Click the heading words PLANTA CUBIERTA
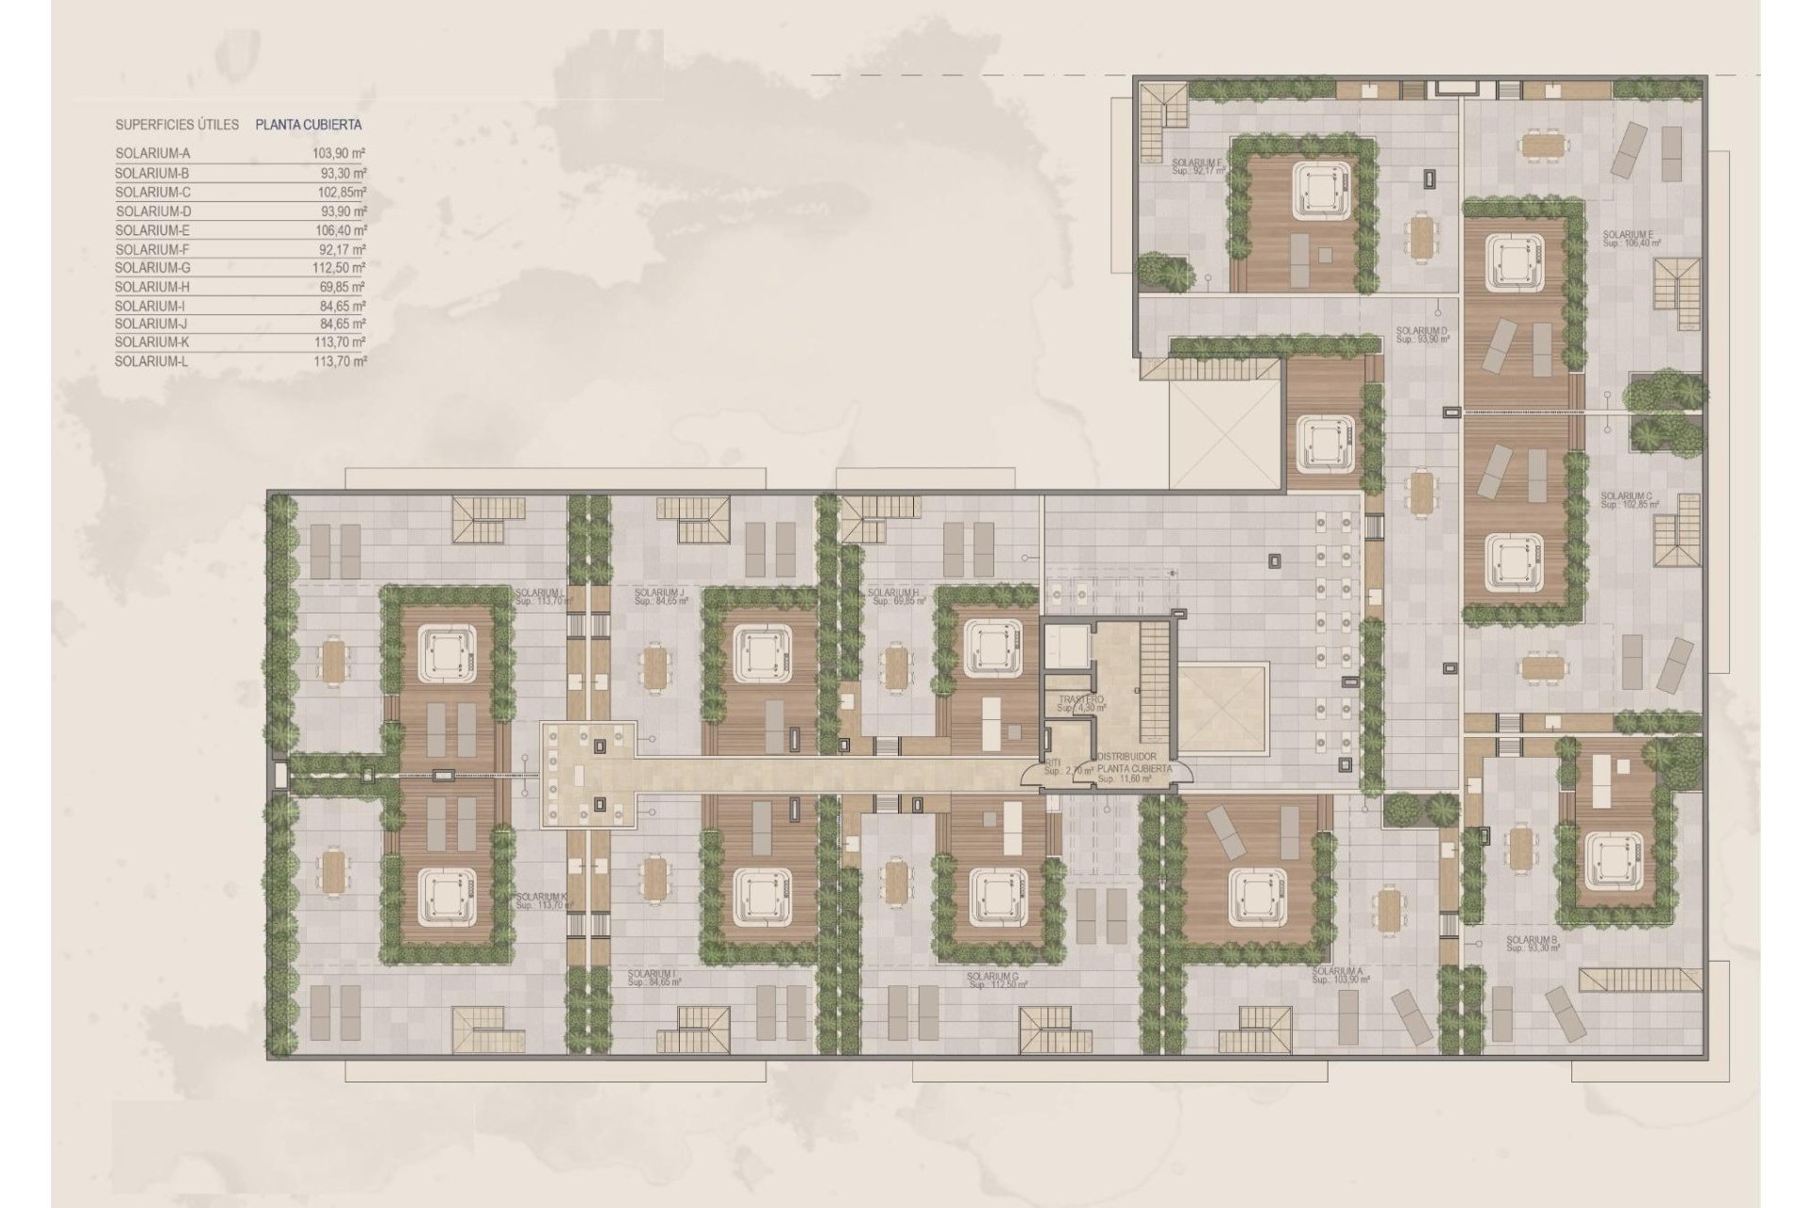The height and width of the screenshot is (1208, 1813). point(308,124)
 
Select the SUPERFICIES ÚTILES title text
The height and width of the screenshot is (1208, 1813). point(177,124)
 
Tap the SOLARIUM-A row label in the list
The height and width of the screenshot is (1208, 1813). point(153,153)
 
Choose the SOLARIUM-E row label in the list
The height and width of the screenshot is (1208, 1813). point(153,230)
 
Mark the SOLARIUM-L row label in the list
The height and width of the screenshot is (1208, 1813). point(152,361)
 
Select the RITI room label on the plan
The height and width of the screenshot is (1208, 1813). point(1052,763)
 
